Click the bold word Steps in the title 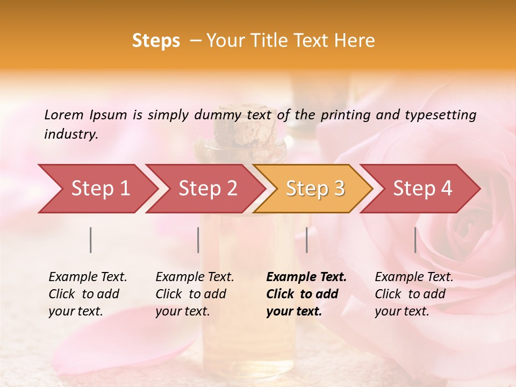(156, 41)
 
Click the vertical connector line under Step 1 (91, 240)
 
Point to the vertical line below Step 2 (198, 240)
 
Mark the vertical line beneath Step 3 (307, 240)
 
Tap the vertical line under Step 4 (415, 240)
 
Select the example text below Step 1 (88, 294)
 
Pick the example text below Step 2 (195, 294)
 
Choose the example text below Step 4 (414, 294)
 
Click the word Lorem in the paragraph (63, 114)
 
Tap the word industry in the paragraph (70, 134)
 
